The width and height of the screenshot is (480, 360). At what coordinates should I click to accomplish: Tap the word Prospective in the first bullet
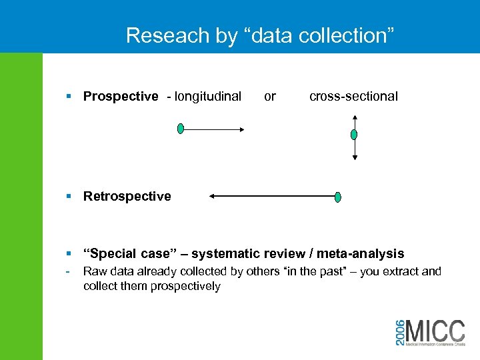pyautogui.click(x=121, y=97)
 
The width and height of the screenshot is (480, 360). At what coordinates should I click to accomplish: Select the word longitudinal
pyautogui.click(x=207, y=97)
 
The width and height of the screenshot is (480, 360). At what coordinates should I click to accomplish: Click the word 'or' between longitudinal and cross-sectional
pyautogui.click(x=270, y=97)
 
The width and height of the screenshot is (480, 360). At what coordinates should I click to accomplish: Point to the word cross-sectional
pyautogui.click(x=353, y=97)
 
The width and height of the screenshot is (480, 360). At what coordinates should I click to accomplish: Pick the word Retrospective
pyautogui.click(x=127, y=197)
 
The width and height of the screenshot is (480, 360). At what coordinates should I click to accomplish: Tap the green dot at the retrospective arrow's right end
pyautogui.click(x=338, y=197)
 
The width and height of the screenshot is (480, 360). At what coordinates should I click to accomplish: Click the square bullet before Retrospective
pyautogui.click(x=70, y=197)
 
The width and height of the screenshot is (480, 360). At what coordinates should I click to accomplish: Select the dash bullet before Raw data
pyautogui.click(x=69, y=271)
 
